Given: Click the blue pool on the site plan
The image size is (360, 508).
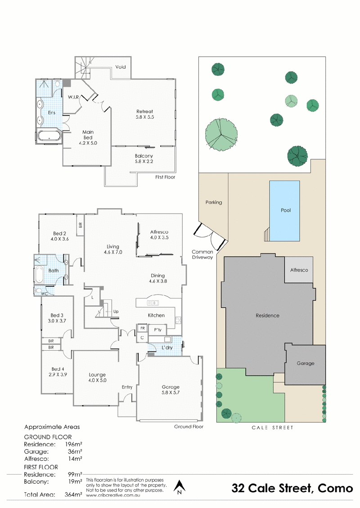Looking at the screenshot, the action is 284,211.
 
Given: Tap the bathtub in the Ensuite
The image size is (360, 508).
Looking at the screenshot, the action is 49,135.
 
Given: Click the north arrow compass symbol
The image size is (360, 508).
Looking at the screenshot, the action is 180,487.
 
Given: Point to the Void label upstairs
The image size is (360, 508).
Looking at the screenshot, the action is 120,67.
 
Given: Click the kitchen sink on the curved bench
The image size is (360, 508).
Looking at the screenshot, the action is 153,303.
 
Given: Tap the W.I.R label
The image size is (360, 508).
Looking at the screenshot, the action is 73,97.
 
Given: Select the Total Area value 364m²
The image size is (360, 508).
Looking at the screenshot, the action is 73,495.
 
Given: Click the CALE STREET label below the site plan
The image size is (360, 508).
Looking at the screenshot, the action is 272,428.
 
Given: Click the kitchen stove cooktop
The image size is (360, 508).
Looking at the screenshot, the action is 178,321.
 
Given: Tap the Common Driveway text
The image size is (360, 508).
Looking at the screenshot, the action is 202,254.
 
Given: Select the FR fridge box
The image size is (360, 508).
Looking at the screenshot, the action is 142,328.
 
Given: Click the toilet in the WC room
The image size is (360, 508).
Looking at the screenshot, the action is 38,290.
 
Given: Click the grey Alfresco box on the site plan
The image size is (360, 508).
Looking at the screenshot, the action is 299,270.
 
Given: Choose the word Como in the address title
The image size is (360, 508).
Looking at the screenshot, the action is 335,488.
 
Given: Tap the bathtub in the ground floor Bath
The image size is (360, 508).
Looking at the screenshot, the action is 39,274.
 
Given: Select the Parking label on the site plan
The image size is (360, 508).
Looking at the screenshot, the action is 214,202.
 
